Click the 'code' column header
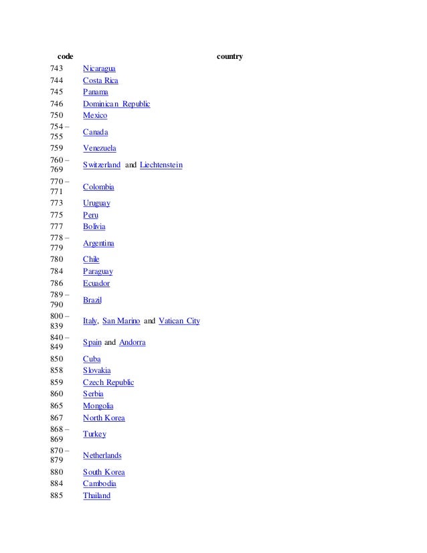[x=66, y=56]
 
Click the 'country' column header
[x=230, y=56]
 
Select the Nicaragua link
[x=99, y=68]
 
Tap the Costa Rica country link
[x=100, y=80]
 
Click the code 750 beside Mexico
[x=57, y=115]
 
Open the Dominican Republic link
[x=116, y=104]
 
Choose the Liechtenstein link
[x=161, y=165]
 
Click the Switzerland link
[x=102, y=165]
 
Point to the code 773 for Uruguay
[x=57, y=203]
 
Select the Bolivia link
[x=94, y=226]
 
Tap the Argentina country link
[x=98, y=243]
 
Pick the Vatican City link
[x=179, y=321]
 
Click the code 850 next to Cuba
[x=57, y=359]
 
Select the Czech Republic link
[x=108, y=382]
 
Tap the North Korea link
[x=104, y=418]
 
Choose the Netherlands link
[x=102, y=455]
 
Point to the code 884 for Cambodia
[x=57, y=483]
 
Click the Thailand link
[x=96, y=495]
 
